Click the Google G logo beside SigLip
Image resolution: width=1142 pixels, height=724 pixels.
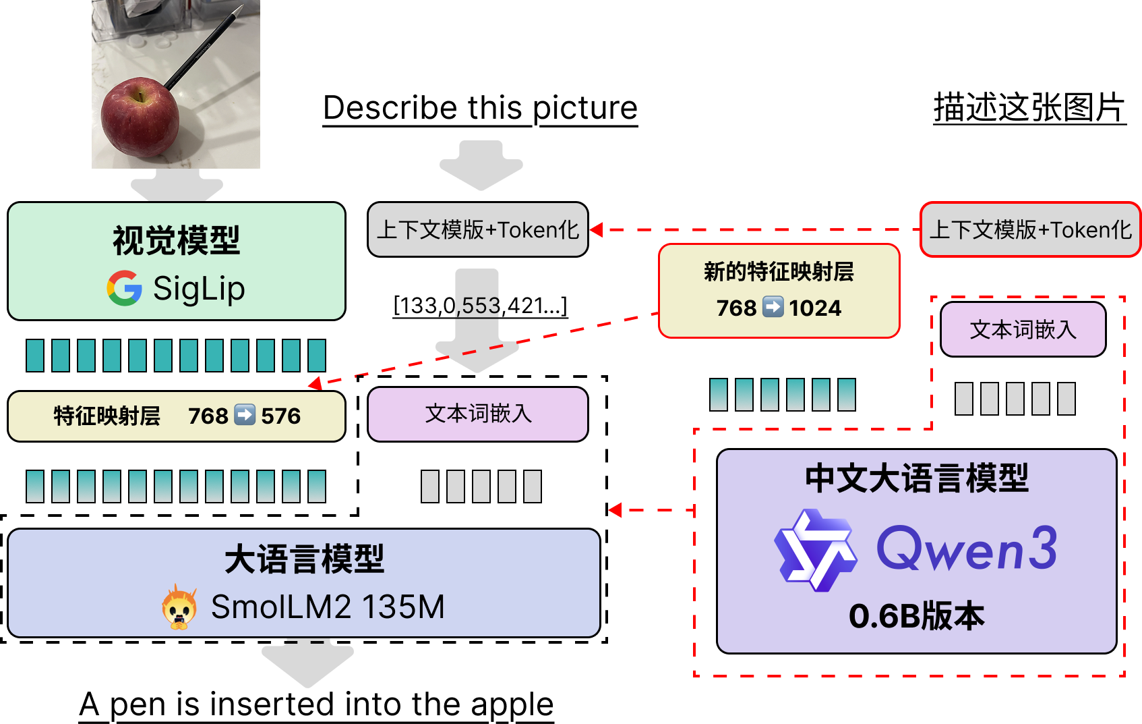[x=125, y=288]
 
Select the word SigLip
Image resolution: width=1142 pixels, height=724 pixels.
[x=199, y=288]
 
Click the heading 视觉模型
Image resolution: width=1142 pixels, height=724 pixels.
[x=176, y=241]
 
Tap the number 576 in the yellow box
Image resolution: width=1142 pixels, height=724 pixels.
[x=280, y=416]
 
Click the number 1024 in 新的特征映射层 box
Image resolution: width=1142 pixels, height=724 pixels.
[x=815, y=308]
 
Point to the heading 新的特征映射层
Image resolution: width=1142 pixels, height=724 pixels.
[x=779, y=272]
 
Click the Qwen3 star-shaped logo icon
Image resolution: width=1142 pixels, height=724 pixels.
[x=815, y=550]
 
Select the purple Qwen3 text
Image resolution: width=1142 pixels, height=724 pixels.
[x=966, y=549]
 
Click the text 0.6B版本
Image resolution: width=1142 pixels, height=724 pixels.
[x=916, y=616]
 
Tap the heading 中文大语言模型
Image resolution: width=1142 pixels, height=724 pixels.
[x=916, y=478]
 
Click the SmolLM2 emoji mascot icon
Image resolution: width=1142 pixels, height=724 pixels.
[x=179, y=607]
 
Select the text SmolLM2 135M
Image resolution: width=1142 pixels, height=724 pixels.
[x=328, y=607]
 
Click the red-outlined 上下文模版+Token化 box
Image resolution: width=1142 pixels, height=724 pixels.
[x=1029, y=230]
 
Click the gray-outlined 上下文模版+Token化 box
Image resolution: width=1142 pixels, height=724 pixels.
[x=477, y=230]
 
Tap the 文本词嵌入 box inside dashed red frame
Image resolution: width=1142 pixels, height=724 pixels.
[x=1023, y=329]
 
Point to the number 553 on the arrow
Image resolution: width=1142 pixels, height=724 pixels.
[x=480, y=306]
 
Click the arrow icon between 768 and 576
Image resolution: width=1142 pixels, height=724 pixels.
[x=245, y=415]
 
